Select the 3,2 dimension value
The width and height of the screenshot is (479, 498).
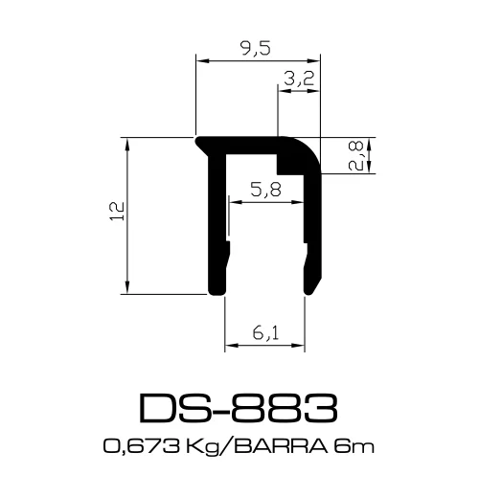tap(300, 80)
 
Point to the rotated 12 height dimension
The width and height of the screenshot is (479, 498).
tap(116, 214)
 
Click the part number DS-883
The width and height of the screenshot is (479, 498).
tap(239, 408)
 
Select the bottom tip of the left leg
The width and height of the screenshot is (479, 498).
tap(217, 290)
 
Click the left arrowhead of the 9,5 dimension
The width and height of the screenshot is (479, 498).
tap(200, 61)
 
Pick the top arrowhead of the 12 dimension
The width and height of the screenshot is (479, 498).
tap(127, 140)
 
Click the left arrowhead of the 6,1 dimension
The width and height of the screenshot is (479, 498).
tap(229, 345)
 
